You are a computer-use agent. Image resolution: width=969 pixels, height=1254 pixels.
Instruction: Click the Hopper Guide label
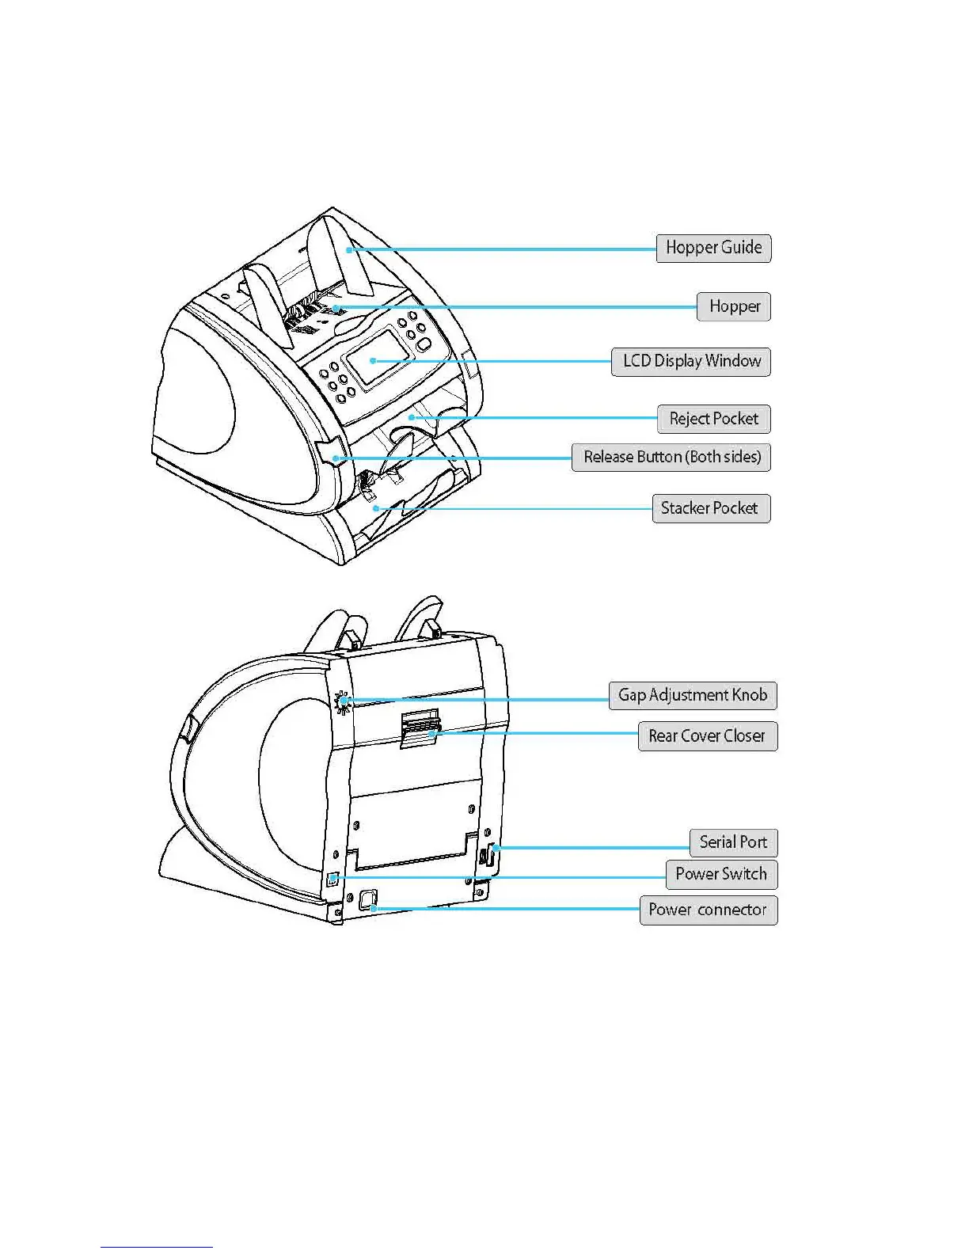click(713, 248)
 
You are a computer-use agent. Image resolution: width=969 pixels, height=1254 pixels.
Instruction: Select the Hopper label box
click(734, 306)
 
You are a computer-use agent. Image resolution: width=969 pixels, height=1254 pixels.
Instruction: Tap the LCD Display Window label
click(691, 362)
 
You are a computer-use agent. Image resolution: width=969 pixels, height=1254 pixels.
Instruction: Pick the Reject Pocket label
click(713, 419)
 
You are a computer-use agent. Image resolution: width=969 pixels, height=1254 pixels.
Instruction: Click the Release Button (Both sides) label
click(671, 458)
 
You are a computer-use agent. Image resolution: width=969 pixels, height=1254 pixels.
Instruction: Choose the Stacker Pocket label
click(710, 508)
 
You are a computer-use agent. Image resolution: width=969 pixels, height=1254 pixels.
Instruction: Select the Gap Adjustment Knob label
click(693, 695)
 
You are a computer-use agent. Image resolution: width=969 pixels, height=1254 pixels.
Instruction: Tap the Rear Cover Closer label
click(707, 736)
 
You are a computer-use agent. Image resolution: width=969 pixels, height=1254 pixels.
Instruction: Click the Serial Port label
click(733, 842)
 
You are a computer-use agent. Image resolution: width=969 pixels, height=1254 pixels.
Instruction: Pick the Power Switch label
click(721, 874)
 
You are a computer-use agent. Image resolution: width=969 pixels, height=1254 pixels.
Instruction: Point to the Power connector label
click(708, 910)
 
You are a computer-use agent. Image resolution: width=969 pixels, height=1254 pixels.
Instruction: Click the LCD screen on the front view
click(378, 357)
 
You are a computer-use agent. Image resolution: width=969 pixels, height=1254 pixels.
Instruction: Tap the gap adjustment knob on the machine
click(343, 701)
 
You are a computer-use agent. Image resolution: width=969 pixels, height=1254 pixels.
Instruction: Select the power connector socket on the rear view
click(368, 900)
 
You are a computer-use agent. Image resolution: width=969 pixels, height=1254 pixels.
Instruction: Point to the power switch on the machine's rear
click(333, 879)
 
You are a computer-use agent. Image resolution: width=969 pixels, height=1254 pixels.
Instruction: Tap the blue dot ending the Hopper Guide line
click(348, 249)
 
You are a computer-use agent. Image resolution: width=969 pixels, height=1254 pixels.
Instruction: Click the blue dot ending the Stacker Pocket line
click(377, 508)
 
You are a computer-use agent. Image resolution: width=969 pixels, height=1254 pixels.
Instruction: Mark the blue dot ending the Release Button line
click(336, 458)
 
